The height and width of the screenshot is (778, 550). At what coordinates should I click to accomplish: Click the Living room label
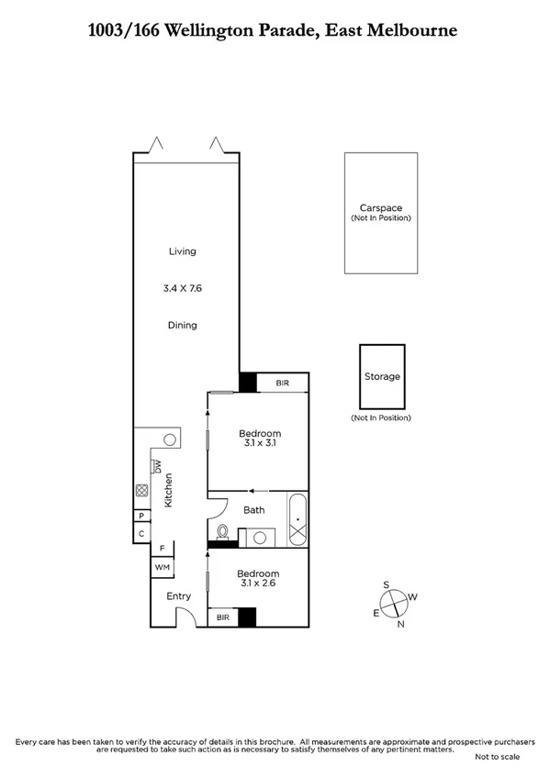tap(182, 251)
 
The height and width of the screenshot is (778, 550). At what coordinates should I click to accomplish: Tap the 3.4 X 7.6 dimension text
tap(182, 288)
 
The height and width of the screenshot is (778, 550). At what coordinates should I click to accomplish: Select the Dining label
tap(182, 325)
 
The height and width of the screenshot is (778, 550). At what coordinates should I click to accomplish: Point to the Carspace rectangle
tap(380, 213)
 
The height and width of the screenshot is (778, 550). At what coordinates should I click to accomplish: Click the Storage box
tap(382, 377)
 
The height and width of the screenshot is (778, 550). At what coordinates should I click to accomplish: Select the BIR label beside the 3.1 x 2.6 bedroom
tap(223, 618)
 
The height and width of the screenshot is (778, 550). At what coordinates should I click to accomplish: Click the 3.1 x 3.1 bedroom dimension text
tap(260, 443)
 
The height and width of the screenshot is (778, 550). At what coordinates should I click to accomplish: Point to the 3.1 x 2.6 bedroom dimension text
tap(260, 582)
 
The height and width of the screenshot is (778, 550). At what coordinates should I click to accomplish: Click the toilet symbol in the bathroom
tap(221, 532)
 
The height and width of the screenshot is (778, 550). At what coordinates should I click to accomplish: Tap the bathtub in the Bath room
tap(297, 521)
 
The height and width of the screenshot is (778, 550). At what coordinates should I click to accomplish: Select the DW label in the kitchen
tap(158, 465)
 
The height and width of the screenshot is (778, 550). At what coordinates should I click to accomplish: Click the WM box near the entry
tap(163, 568)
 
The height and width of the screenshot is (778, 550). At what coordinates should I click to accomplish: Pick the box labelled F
tap(163, 549)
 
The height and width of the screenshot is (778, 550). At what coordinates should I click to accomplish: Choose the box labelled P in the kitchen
tap(141, 516)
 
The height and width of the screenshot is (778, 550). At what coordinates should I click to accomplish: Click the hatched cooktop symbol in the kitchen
tap(141, 491)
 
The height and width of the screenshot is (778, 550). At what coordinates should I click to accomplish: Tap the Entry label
tap(178, 596)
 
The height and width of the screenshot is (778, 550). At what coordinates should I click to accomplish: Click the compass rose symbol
tap(393, 603)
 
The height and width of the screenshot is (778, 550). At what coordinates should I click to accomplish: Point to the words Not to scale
tap(497, 757)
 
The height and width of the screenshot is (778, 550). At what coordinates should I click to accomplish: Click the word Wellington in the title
tap(210, 31)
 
